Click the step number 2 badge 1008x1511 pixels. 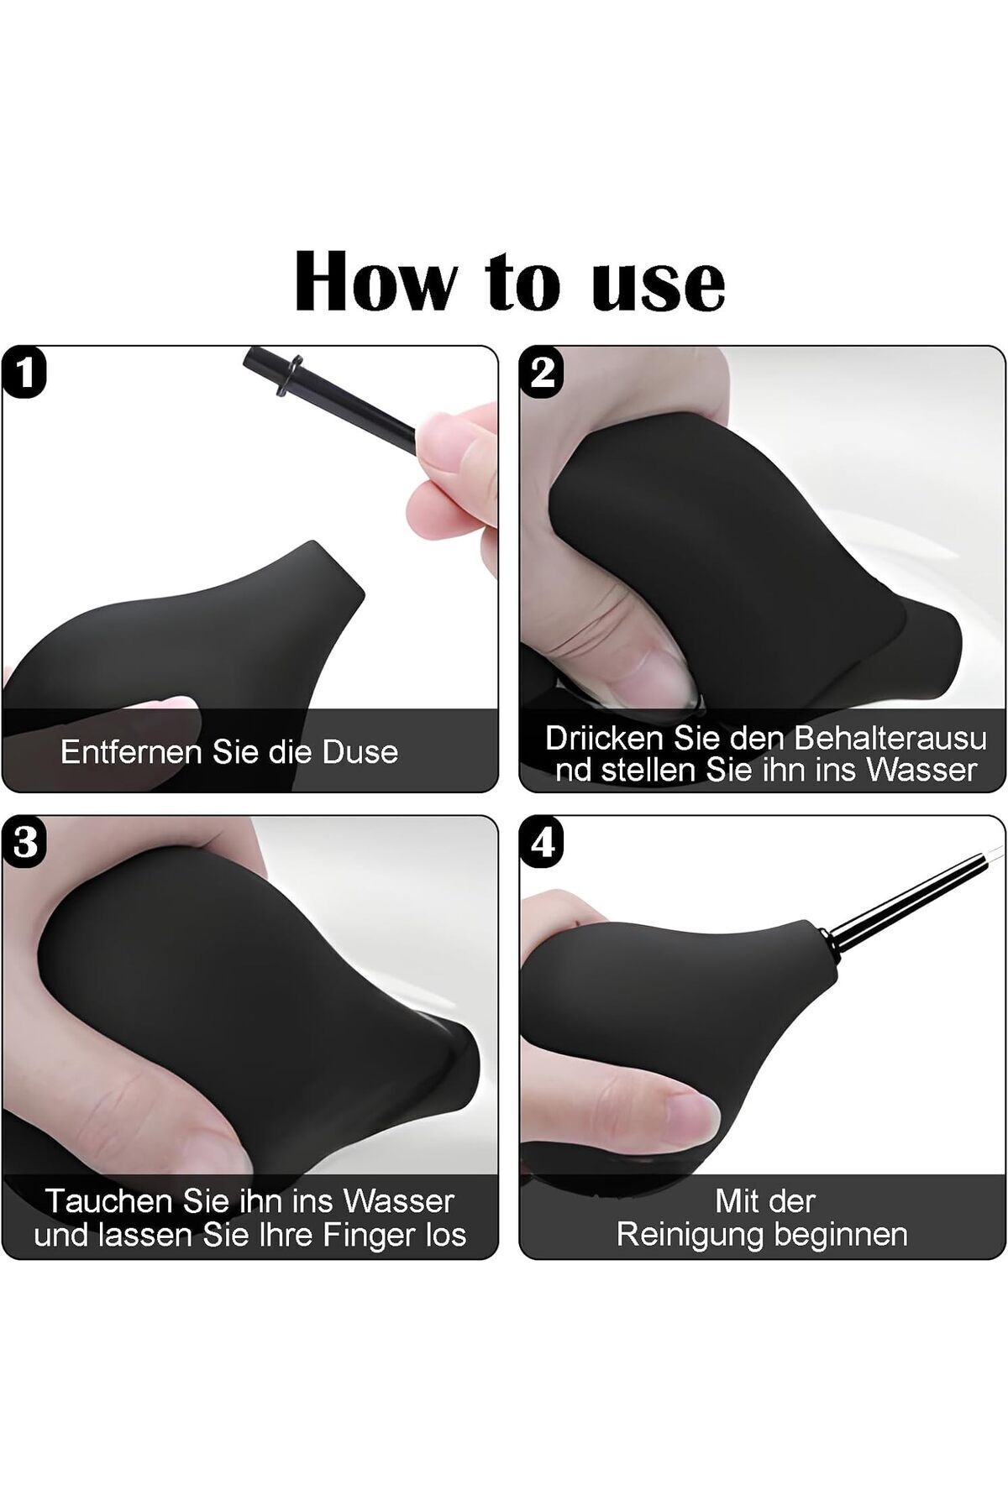pyautogui.click(x=542, y=372)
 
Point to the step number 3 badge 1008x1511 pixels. pyautogui.click(x=25, y=842)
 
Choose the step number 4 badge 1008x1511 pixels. pyautogui.click(x=543, y=842)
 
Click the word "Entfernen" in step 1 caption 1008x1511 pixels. pyautogui.click(x=133, y=751)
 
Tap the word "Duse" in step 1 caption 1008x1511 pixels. pyautogui.click(x=360, y=751)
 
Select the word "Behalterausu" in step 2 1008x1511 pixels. pyautogui.click(x=890, y=738)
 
